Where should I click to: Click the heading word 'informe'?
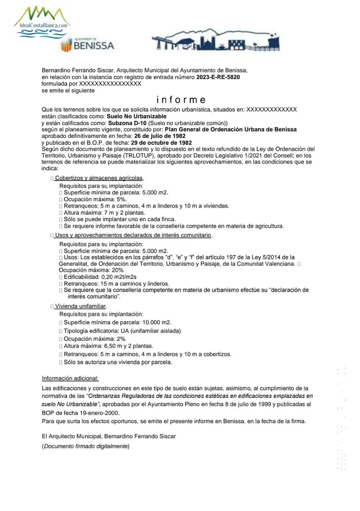click(181, 99)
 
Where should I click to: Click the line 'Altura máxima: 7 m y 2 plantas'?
click(104, 213)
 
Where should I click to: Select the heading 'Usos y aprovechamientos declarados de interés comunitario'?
click(133, 235)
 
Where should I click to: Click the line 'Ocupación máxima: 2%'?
click(95, 338)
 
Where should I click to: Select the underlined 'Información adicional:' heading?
click(70, 378)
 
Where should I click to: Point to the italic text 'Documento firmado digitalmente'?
click(85, 446)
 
